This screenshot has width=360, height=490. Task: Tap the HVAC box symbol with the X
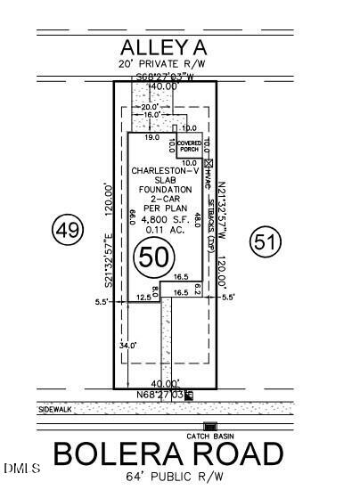pyautogui.click(x=209, y=164)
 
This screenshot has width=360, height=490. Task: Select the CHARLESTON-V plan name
pyautogui.click(x=160, y=171)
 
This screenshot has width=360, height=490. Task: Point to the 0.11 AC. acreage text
pyautogui.click(x=160, y=230)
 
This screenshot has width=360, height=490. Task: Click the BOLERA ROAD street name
pyautogui.click(x=169, y=454)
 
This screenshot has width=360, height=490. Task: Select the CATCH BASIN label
pyautogui.click(x=210, y=435)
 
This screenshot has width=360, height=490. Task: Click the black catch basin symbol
pyautogui.click(x=210, y=426)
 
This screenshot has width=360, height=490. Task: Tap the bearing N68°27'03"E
pyautogui.click(x=160, y=394)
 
